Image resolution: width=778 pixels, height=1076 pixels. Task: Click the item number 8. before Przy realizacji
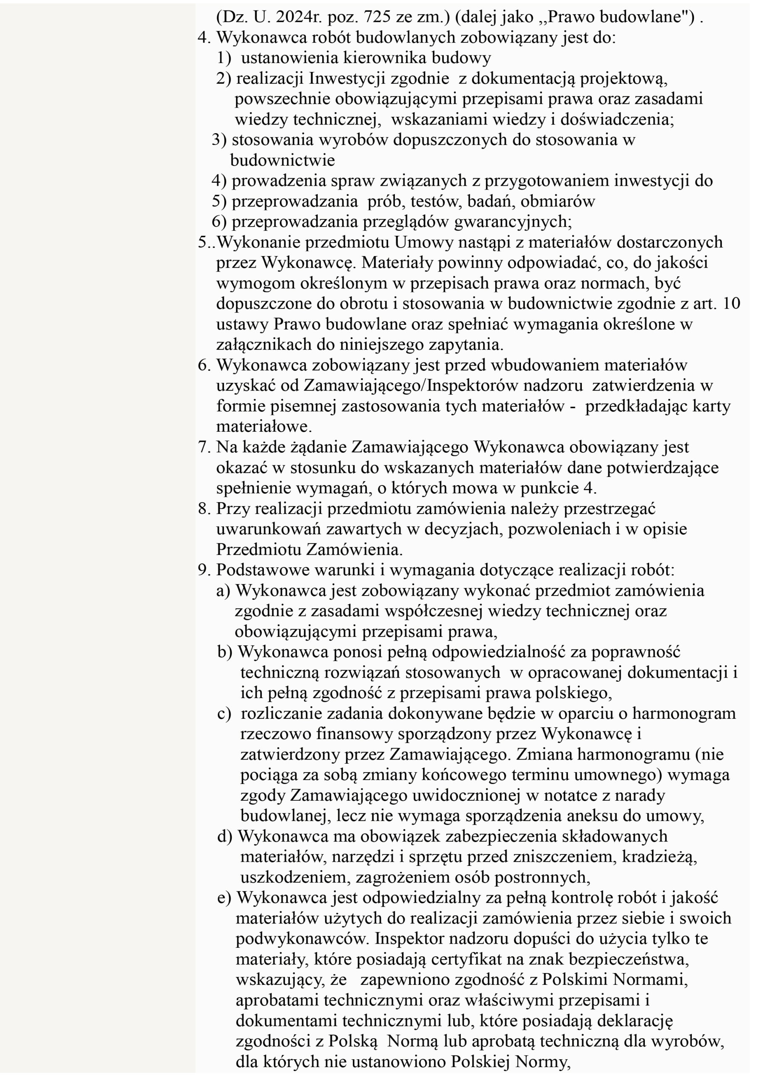(204, 509)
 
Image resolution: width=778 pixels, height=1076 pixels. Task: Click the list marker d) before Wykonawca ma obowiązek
(225, 836)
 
